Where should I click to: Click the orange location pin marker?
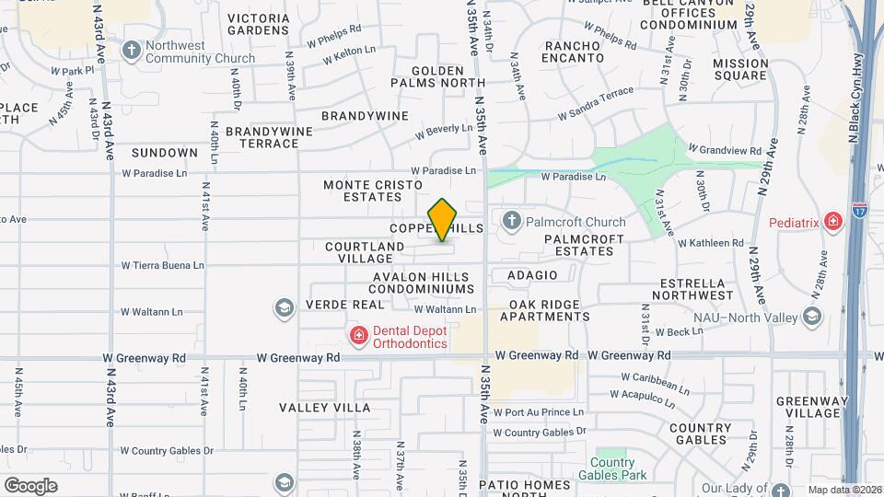(443, 219)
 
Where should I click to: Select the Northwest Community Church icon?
(132, 50)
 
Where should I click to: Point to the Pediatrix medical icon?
(832, 221)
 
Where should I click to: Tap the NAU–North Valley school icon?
(811, 318)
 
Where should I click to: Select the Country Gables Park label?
(612, 468)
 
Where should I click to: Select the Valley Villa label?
(324, 407)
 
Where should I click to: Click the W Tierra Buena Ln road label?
(162, 266)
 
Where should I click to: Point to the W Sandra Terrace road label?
(596, 104)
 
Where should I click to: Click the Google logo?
(30, 485)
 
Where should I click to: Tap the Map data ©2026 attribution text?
(843, 490)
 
